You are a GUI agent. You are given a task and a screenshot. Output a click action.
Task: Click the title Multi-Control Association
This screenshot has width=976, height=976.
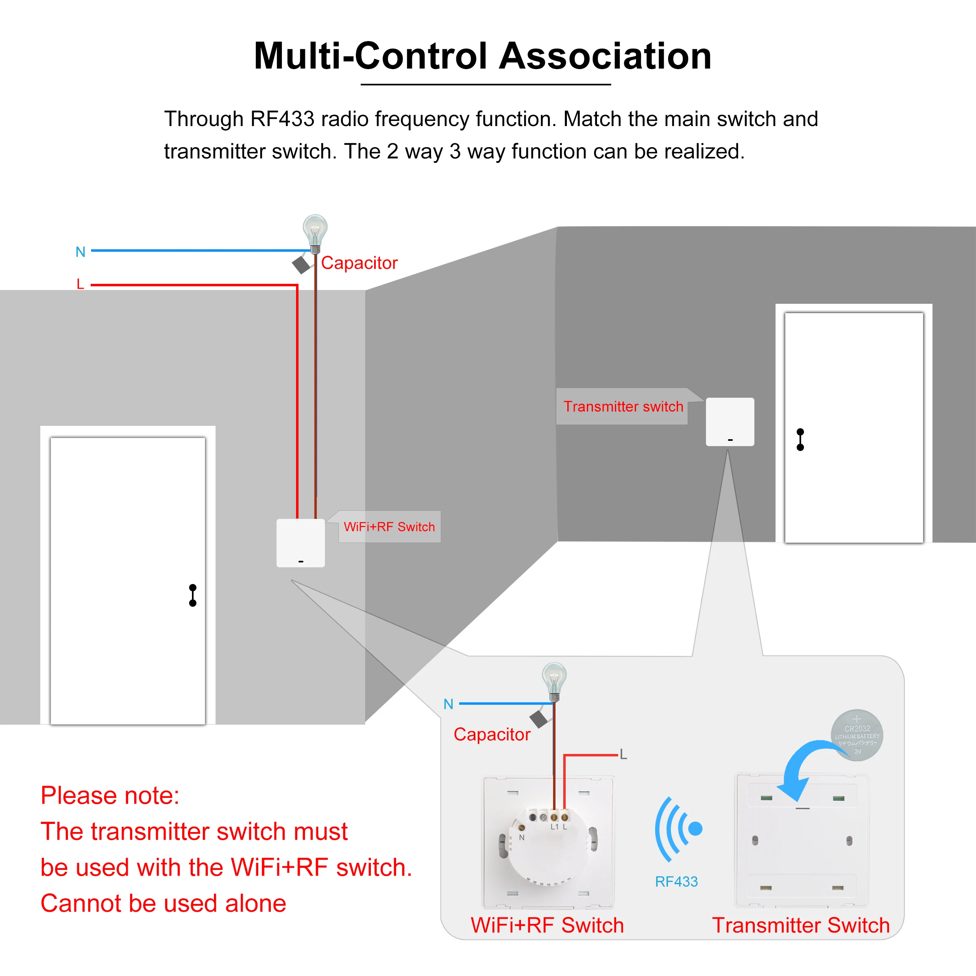point(482,56)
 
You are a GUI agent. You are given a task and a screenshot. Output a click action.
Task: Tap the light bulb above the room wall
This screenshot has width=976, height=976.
point(315,231)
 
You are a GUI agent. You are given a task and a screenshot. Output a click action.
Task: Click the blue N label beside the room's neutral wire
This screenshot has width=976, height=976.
point(81,252)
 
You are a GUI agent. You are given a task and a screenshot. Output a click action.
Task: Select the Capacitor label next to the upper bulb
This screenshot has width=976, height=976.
point(359,263)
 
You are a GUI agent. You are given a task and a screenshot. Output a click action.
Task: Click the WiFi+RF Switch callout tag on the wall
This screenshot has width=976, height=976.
point(389,527)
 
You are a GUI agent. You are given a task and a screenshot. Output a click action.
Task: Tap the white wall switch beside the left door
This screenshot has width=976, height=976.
point(301,543)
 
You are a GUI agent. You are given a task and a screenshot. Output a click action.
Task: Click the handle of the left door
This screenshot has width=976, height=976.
point(192,595)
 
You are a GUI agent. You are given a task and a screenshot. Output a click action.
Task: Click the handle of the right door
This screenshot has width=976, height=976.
point(800,440)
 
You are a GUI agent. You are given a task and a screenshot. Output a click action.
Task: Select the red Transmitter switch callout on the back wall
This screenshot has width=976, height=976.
point(623,407)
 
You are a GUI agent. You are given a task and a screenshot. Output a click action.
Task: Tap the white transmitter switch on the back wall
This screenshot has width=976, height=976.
point(730,422)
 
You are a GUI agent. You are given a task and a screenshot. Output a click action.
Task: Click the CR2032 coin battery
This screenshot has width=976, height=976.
point(857,735)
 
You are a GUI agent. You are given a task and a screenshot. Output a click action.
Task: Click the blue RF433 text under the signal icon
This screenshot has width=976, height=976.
point(676,882)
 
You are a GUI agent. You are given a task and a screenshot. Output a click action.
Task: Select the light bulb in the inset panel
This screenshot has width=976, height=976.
point(554,680)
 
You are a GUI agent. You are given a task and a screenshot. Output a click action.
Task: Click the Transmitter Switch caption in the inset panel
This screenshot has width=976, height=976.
point(801,925)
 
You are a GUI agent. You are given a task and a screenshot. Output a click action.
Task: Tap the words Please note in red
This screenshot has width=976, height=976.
point(110,796)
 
